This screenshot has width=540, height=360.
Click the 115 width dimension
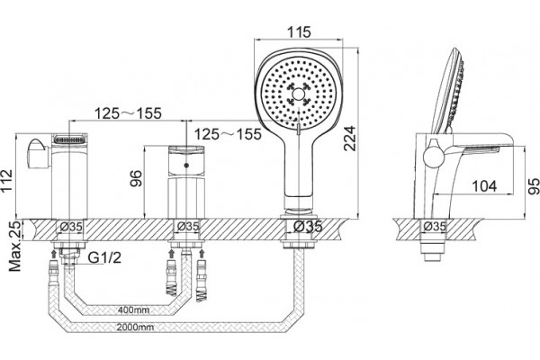tap(299, 31)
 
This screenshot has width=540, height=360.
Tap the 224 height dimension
tap(349, 139)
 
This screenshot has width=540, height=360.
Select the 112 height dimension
tap(6, 181)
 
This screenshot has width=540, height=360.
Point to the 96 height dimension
tap(136, 178)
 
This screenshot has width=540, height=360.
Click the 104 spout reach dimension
tap(484, 186)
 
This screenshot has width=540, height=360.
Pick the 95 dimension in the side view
tap(534, 186)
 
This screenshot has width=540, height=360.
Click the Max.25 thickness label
tap(14, 246)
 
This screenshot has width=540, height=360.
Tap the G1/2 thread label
tap(104, 257)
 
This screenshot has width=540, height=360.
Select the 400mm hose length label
tap(133, 310)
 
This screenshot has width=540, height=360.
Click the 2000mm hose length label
tap(135, 327)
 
